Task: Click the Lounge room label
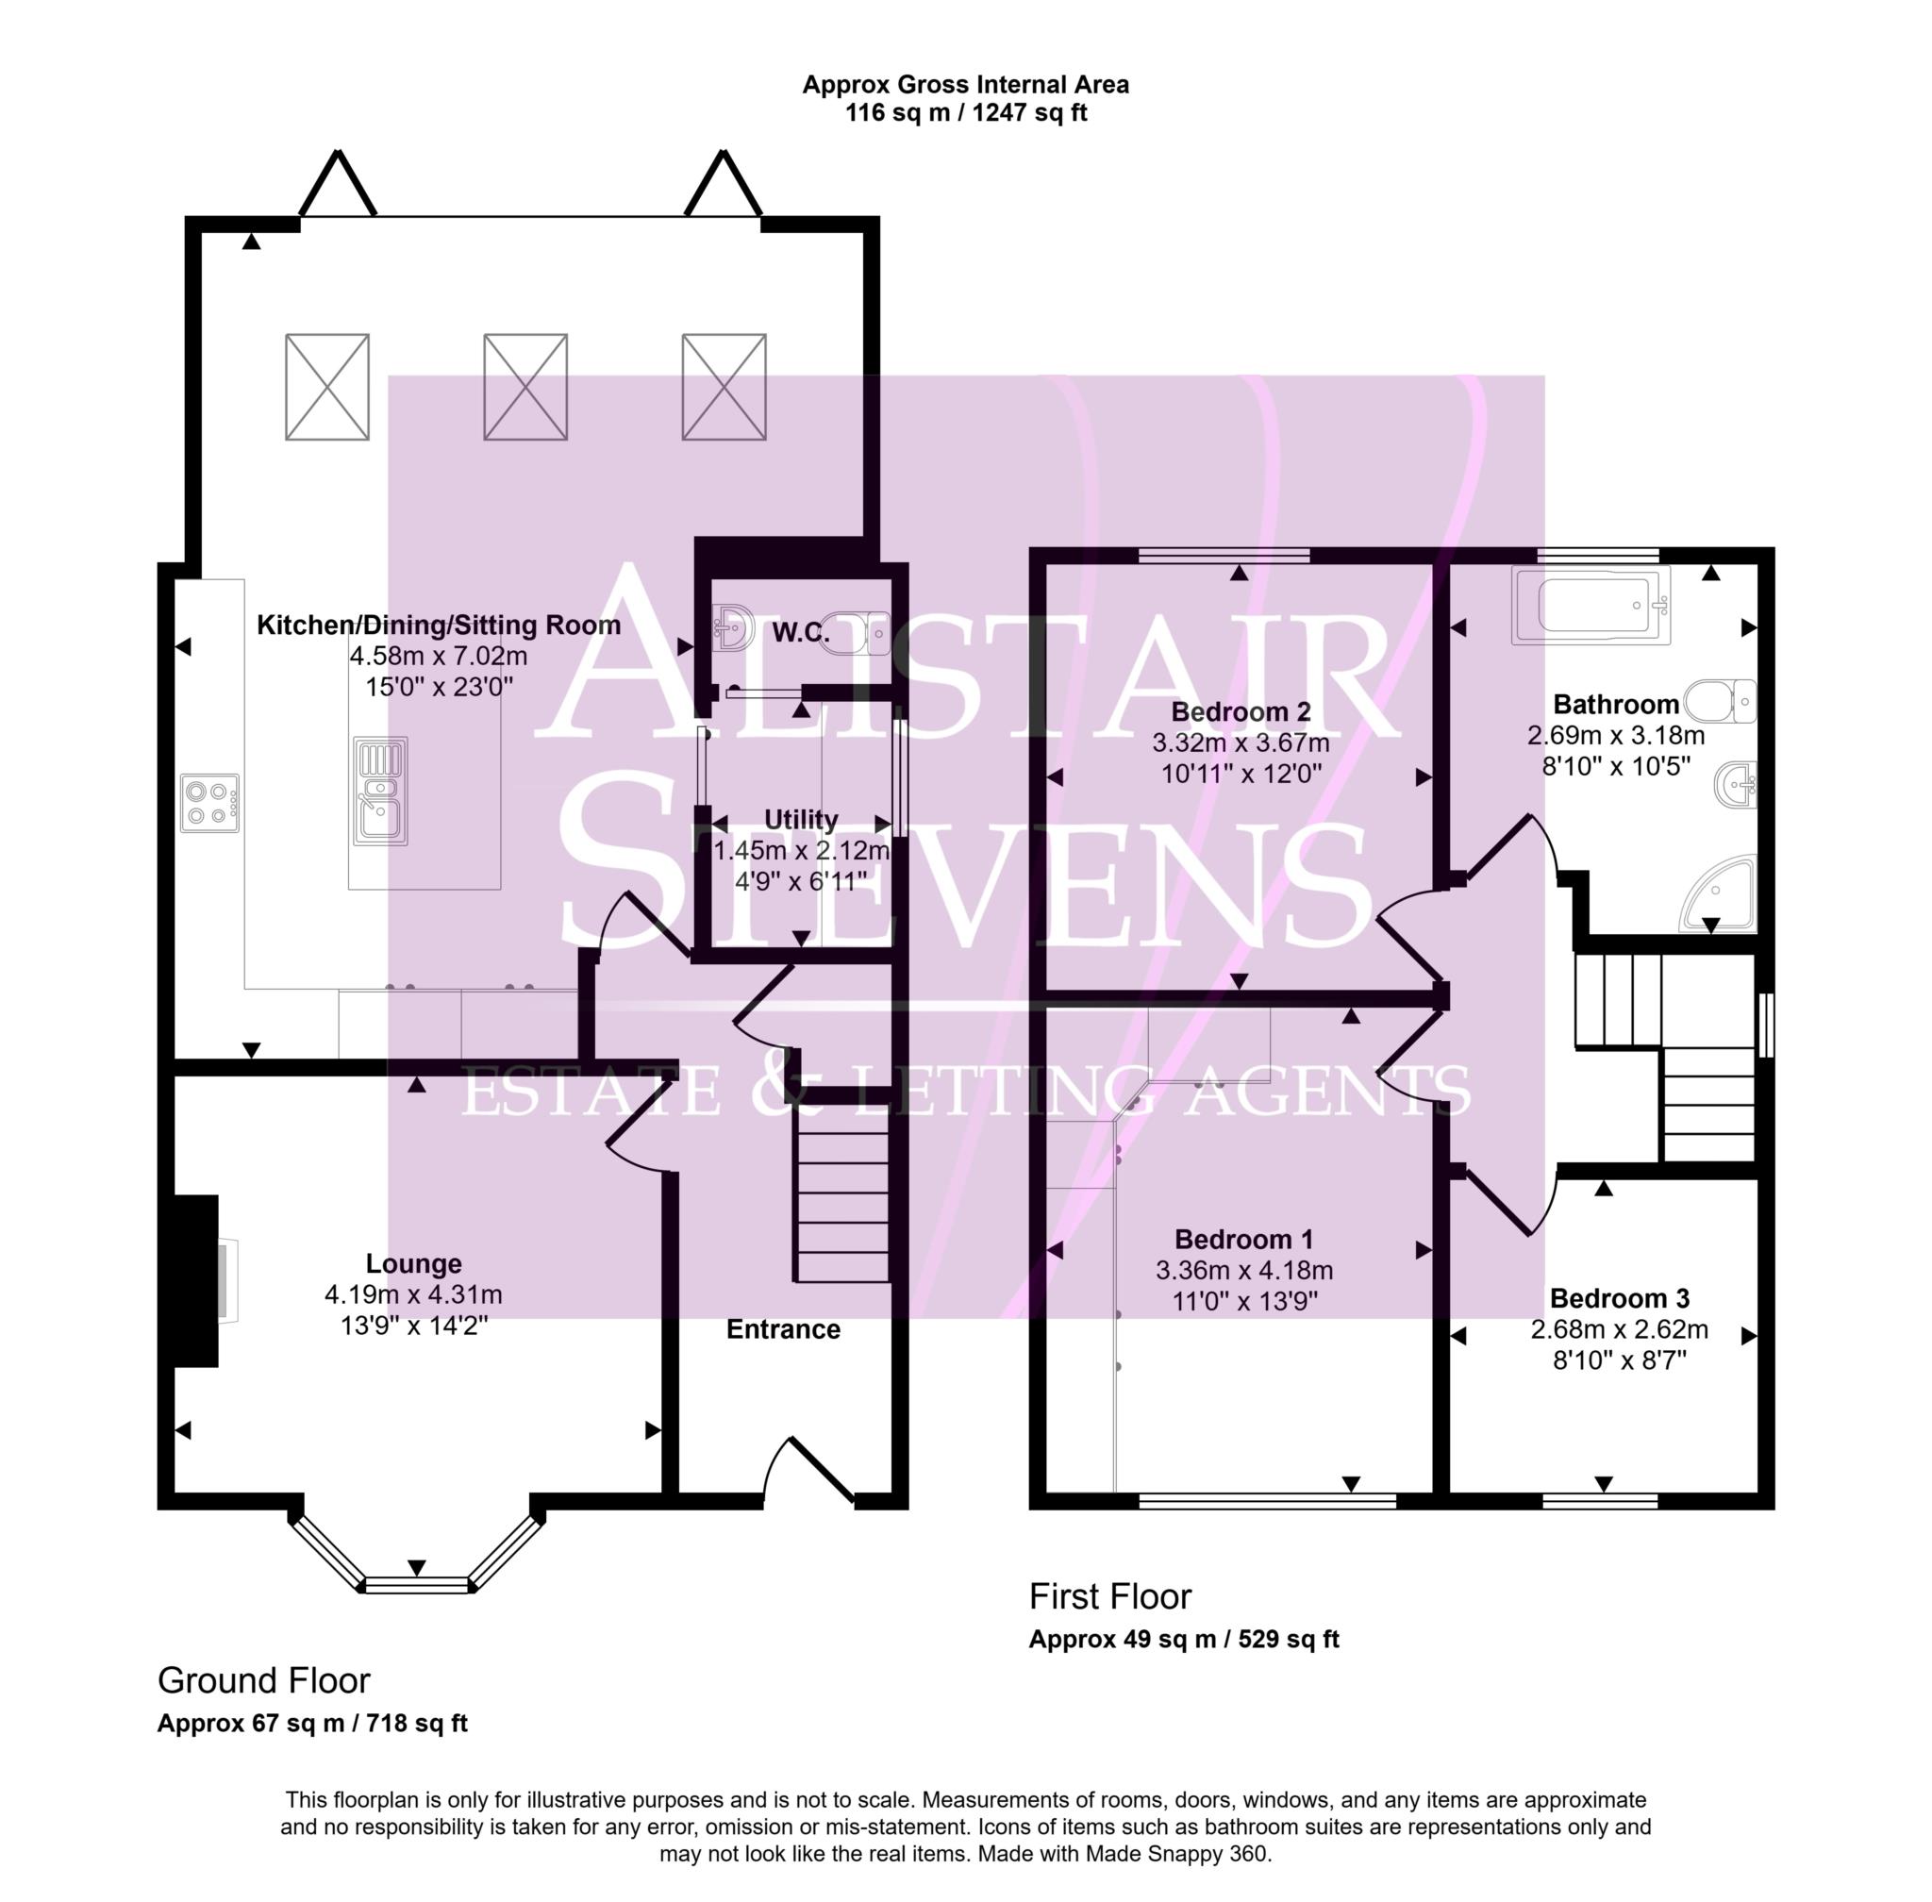coord(412,1263)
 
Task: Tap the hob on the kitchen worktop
coord(209,802)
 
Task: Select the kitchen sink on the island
coord(379,792)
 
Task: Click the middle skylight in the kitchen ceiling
coord(525,387)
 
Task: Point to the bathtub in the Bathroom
coord(1591,606)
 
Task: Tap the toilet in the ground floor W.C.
coord(857,632)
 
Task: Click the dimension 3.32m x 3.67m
coord(1240,743)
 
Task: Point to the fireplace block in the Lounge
coord(193,1279)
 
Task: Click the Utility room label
coord(800,819)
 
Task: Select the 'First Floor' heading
coord(1109,1596)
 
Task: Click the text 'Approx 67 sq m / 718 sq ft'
coord(311,1723)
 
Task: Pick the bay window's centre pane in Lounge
coord(417,1584)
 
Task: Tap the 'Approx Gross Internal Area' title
coord(965,85)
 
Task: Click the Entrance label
coord(782,1329)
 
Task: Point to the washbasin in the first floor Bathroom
coord(1736,784)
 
